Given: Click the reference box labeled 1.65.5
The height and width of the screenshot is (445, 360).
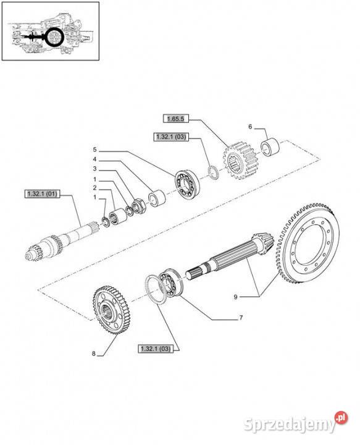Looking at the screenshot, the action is (x=176, y=119).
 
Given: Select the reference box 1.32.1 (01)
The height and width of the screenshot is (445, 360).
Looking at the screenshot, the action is (x=42, y=194).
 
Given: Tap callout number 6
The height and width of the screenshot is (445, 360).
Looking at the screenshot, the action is (x=250, y=127).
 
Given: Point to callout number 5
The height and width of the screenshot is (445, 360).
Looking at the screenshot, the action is (x=94, y=150).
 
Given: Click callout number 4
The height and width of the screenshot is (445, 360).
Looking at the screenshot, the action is (x=94, y=159).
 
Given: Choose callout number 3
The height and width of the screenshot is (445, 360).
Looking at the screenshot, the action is (x=94, y=169).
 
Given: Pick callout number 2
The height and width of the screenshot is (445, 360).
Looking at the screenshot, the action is (x=94, y=188).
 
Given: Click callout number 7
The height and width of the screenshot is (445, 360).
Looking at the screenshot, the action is (x=241, y=317).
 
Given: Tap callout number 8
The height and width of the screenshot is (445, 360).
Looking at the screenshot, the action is (x=94, y=354).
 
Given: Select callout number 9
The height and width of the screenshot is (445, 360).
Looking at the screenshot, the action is (x=235, y=297).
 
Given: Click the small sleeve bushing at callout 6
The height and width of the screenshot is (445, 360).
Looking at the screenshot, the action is (x=270, y=146).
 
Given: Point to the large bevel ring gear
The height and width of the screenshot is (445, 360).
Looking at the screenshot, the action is (x=308, y=244).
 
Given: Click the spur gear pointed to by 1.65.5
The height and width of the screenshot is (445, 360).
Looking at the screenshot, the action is (x=240, y=161).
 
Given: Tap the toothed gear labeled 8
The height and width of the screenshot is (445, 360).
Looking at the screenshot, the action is (x=112, y=310).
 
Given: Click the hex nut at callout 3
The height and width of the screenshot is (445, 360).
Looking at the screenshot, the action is (x=139, y=206).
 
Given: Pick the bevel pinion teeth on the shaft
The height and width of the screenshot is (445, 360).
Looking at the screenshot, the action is (x=263, y=244).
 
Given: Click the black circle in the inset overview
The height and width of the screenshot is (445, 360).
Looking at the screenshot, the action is (x=54, y=37).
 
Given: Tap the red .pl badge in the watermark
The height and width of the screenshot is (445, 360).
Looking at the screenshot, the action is (x=341, y=418).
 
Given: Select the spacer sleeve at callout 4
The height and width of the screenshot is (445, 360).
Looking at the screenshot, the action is (x=157, y=198).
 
